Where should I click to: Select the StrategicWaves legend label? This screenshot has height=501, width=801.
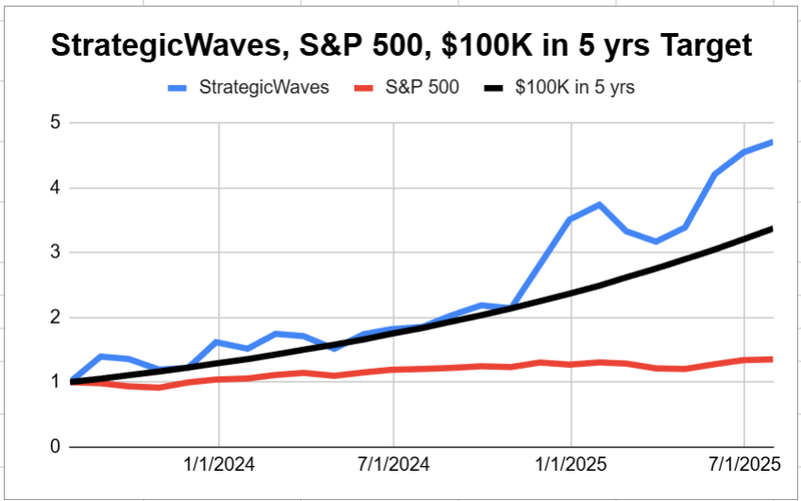pos(263,88)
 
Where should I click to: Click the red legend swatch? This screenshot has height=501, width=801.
pos(365,89)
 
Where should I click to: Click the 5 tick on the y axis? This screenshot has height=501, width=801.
pos(56,123)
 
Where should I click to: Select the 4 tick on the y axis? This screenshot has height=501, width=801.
pos(56,188)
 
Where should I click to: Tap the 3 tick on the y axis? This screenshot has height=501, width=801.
pos(56,252)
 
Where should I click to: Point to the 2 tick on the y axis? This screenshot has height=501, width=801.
pos(56,317)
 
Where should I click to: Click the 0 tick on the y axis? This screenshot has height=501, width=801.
pos(56,446)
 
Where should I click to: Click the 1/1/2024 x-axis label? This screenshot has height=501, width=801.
pos(219,464)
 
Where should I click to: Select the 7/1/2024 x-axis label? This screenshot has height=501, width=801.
pos(393,464)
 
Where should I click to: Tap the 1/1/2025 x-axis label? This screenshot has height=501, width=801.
pos(571,464)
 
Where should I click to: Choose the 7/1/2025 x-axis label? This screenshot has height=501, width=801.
pos(744,464)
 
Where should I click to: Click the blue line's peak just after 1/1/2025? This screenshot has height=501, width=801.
pos(598,204)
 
